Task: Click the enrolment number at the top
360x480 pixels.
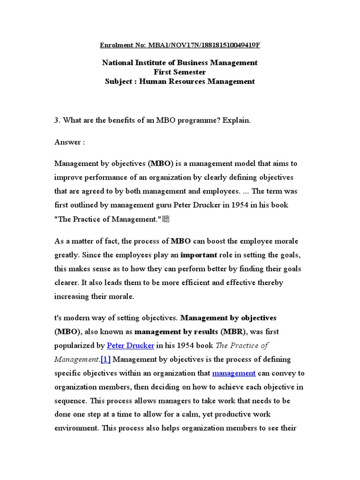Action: (x=180, y=45)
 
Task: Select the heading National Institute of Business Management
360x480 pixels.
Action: (x=180, y=62)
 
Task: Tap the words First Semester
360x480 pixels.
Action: (x=180, y=72)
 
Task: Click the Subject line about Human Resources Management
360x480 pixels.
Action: (x=180, y=81)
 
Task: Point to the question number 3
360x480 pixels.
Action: (x=56, y=120)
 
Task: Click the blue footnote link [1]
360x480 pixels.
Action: (x=105, y=360)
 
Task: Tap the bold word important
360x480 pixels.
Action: (x=199, y=255)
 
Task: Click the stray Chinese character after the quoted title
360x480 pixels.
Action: (x=165, y=219)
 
